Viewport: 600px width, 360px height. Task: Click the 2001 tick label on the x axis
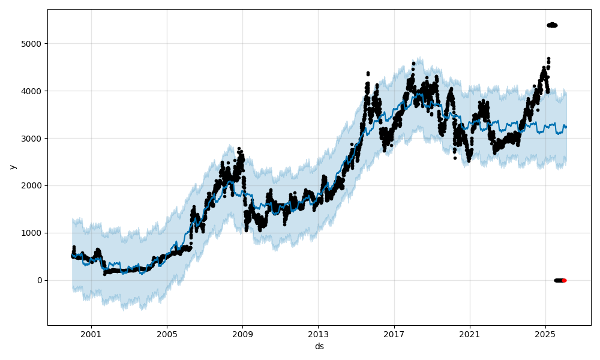click(x=91, y=334)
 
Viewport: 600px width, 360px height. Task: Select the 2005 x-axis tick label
click(x=167, y=334)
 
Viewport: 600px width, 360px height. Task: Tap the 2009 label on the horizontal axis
click(x=242, y=334)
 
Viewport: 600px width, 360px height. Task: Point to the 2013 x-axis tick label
click(x=319, y=334)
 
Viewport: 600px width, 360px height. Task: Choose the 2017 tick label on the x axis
click(x=394, y=334)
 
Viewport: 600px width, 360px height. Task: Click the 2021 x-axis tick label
click(x=470, y=334)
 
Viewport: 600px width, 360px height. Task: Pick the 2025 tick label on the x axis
click(x=545, y=334)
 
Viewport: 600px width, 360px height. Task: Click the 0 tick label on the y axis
click(x=39, y=280)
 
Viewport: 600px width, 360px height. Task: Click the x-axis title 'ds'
click(x=319, y=346)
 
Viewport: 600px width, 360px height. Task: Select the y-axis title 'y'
click(x=13, y=167)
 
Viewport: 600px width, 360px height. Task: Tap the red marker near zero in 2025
click(x=564, y=280)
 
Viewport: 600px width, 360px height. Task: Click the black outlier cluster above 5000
click(x=552, y=25)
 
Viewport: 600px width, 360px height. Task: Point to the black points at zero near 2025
click(x=559, y=280)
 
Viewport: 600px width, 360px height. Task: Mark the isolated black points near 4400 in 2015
click(x=368, y=74)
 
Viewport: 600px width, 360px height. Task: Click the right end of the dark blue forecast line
click(x=566, y=127)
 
